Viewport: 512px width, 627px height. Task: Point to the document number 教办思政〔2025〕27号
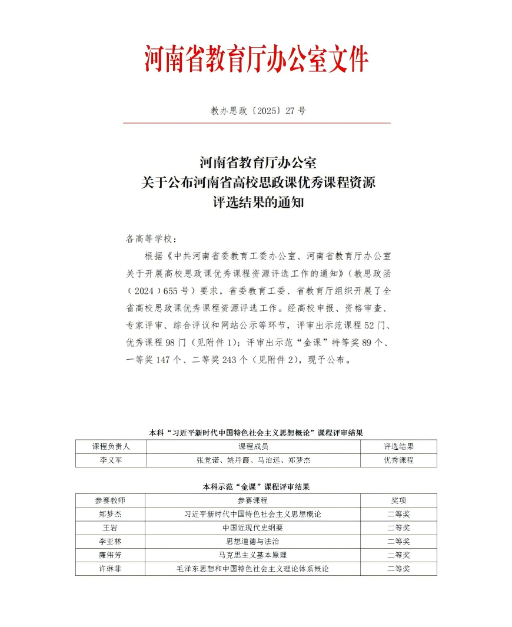258,111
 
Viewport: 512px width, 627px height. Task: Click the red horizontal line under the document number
257,123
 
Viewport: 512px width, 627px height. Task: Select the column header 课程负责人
111,446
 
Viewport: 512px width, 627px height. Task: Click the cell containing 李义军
111,460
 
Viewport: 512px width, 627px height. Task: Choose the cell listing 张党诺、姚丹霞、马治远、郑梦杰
253,460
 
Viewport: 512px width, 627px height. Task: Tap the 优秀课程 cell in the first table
398,460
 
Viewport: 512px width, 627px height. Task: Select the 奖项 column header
398,500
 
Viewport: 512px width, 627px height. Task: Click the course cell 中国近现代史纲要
253,528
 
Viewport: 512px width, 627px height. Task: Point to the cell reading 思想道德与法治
253,541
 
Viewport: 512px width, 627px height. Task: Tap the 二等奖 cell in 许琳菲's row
398,569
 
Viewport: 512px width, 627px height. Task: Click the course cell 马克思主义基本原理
253,555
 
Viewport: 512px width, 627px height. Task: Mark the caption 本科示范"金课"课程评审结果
256,486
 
